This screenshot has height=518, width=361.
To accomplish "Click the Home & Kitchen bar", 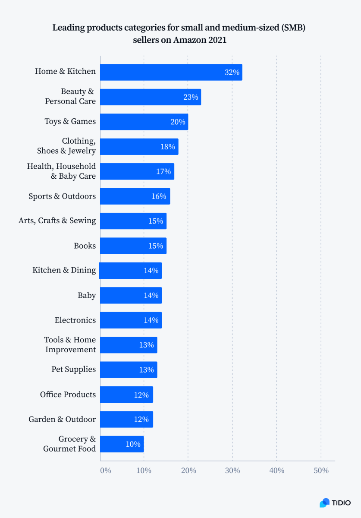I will pos(171,72).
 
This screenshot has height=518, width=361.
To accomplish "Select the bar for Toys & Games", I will pos(144,122).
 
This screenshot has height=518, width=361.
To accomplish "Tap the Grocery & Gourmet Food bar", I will pos(122,444).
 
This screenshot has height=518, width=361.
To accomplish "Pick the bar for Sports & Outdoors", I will pos(135,196).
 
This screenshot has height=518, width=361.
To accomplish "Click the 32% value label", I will pos(232,73).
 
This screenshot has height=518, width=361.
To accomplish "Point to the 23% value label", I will pos(190,97).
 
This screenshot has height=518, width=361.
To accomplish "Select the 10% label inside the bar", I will pos(133,444).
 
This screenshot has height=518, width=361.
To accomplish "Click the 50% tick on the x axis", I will pos(321,471).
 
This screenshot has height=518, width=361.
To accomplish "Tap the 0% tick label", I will pos(105,471).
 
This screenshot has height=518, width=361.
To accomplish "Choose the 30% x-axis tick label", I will pos(232,471).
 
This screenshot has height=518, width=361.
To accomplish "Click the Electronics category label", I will pos(75,320).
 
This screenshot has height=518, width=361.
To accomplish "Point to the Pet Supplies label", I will pos(73,370).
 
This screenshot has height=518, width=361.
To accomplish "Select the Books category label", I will pos(85,246).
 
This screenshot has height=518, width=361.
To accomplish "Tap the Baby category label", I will pos(87,296).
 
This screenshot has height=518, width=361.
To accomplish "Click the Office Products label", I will pos(68,395).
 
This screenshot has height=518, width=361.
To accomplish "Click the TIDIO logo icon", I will pos(324,503).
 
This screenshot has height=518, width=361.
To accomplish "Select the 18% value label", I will pos(167,147).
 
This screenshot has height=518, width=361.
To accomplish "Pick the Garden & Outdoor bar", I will pos(126,419).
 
